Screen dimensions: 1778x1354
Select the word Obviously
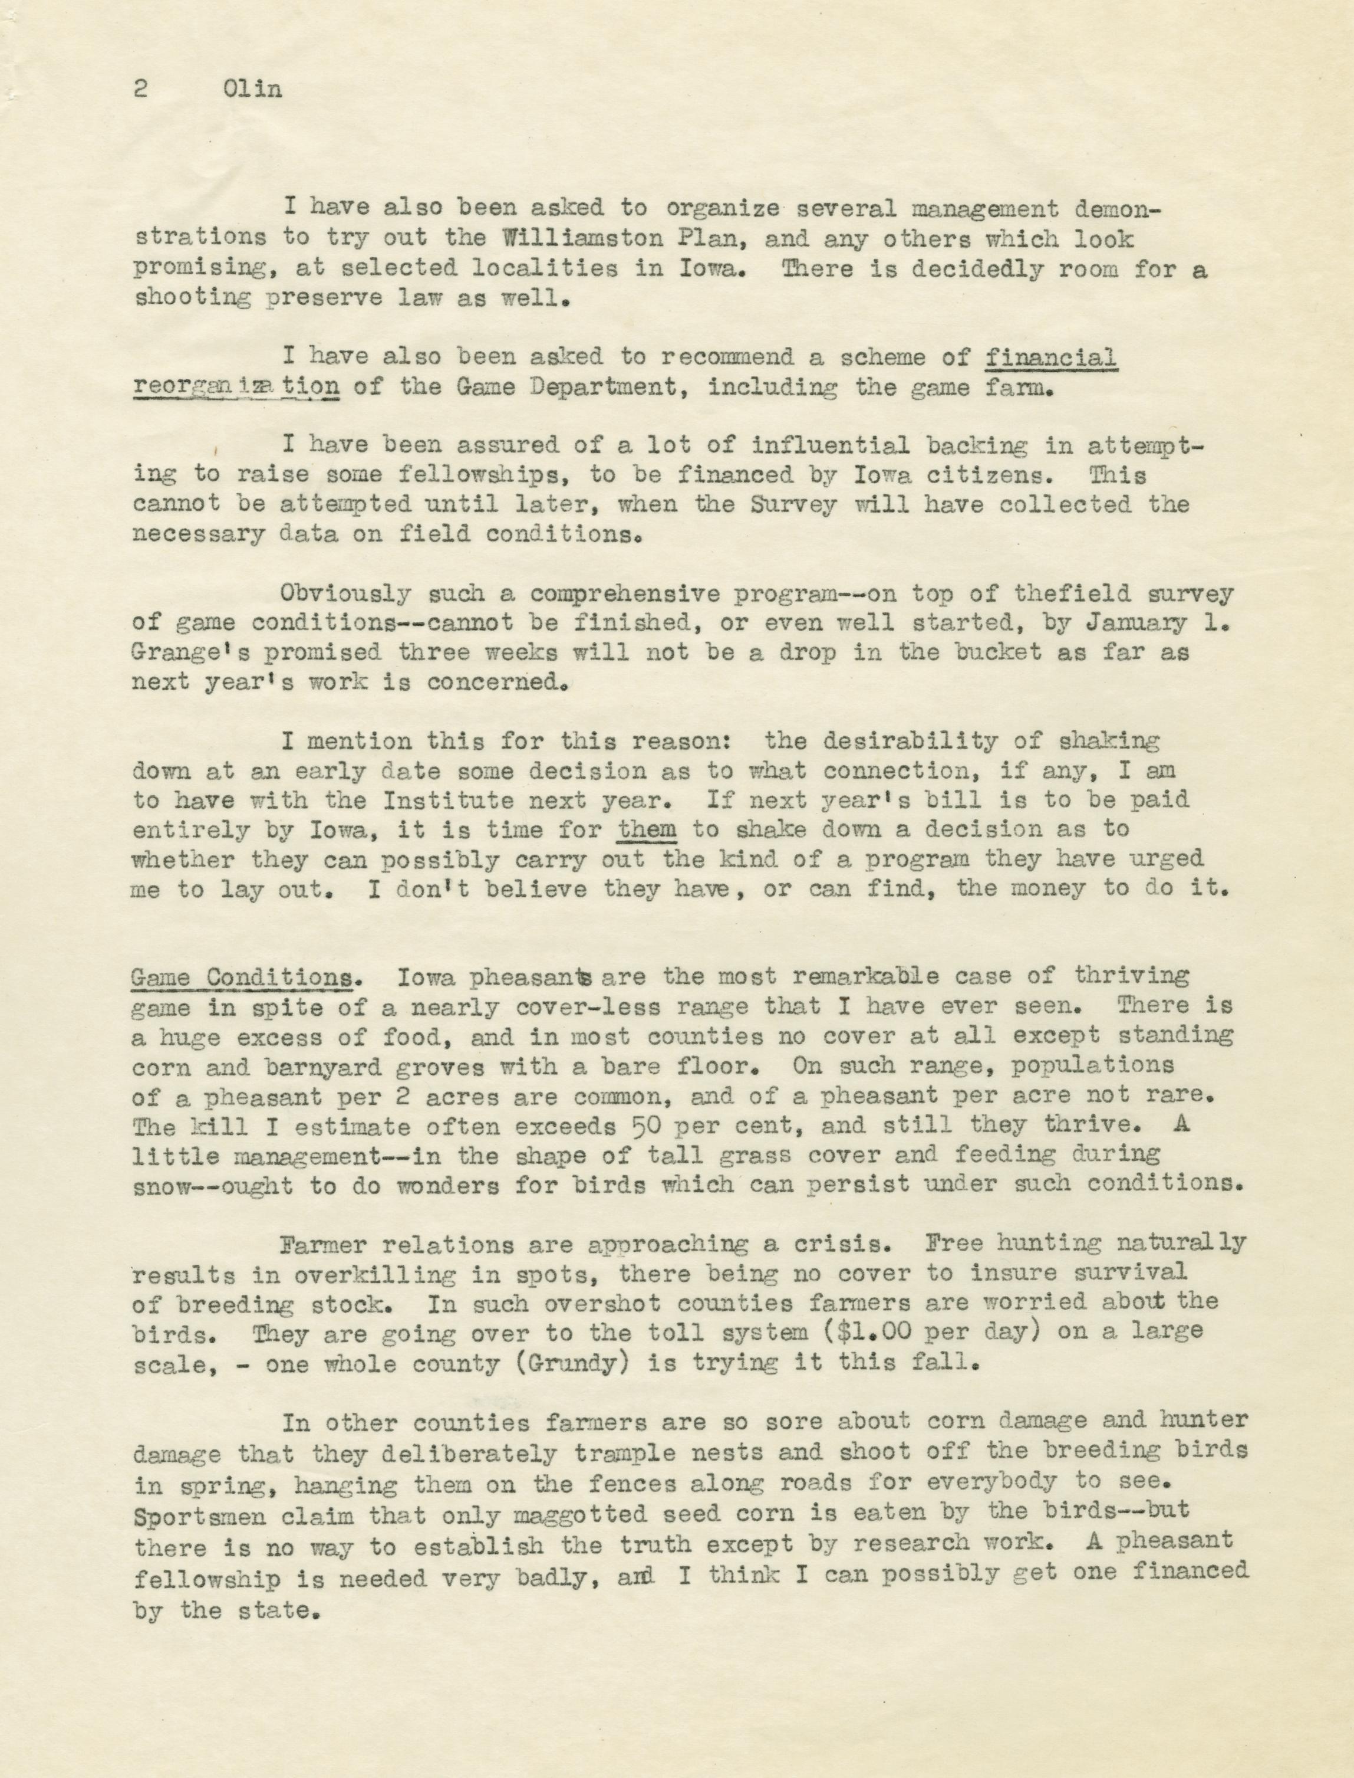pyautogui.click(x=346, y=593)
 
